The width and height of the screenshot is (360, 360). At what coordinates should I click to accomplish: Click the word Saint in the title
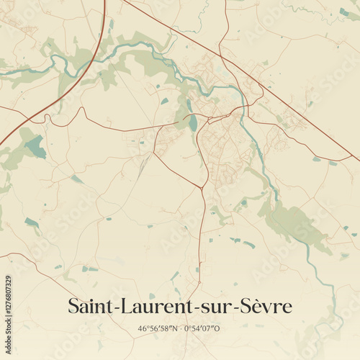pyautogui.click(x=88, y=306)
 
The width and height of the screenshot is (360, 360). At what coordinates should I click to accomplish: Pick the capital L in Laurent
pyautogui.click(x=120, y=306)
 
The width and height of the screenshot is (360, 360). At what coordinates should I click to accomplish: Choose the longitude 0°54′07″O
pyautogui.click(x=202, y=329)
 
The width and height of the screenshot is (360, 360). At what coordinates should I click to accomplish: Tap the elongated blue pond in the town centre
pyautogui.click(x=193, y=123)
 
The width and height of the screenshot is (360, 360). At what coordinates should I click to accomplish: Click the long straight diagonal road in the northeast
pyautogui.click(x=288, y=101)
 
